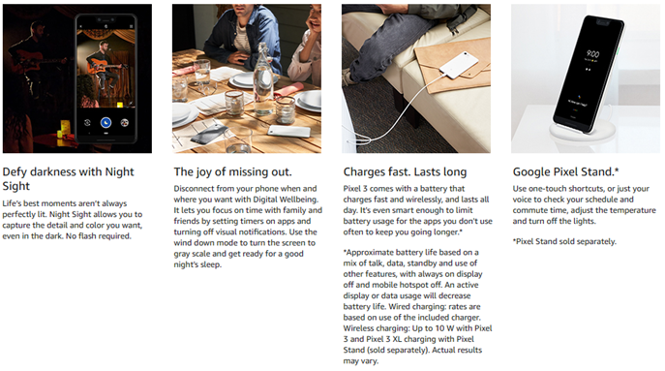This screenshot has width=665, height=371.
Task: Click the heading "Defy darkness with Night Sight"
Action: [x=68, y=178]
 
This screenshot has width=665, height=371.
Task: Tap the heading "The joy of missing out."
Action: [x=232, y=171]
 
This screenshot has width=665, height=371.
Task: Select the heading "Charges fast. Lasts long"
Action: [x=405, y=171]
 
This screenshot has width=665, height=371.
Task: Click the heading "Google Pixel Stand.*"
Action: [x=565, y=171]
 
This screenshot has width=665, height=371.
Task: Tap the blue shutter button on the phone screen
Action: [x=106, y=123]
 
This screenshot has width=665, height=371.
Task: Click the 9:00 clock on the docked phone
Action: [x=592, y=54]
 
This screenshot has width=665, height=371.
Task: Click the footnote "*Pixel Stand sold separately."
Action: [x=564, y=241]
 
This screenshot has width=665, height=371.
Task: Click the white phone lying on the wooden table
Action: [x=290, y=131]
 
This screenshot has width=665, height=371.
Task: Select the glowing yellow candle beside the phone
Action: [x=65, y=127]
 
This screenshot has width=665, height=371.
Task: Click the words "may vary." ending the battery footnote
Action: [x=360, y=361]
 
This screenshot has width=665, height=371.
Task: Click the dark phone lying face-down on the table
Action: [x=208, y=135]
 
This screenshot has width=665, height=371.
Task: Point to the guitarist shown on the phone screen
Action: [x=103, y=64]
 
